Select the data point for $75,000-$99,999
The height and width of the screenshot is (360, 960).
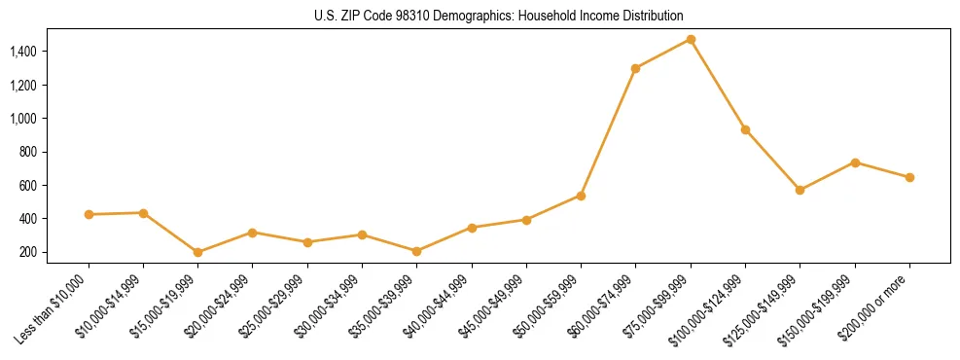pyautogui.click(x=691, y=39)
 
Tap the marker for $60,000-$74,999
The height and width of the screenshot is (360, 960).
pyautogui.click(x=636, y=68)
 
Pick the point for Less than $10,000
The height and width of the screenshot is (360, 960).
pyautogui.click(x=89, y=214)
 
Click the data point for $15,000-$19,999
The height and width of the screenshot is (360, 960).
pyautogui.click(x=198, y=252)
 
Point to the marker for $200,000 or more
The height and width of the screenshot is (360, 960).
pyautogui.click(x=909, y=177)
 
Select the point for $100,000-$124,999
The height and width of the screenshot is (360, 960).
pyautogui.click(x=745, y=129)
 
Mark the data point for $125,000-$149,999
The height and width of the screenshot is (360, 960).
pyautogui.click(x=800, y=190)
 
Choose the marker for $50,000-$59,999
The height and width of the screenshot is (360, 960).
pyautogui.click(x=581, y=196)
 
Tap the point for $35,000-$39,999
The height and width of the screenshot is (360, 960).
pyautogui.click(x=417, y=251)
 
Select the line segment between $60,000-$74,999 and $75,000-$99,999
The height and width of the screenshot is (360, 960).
pyautogui.click(x=663, y=54)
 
